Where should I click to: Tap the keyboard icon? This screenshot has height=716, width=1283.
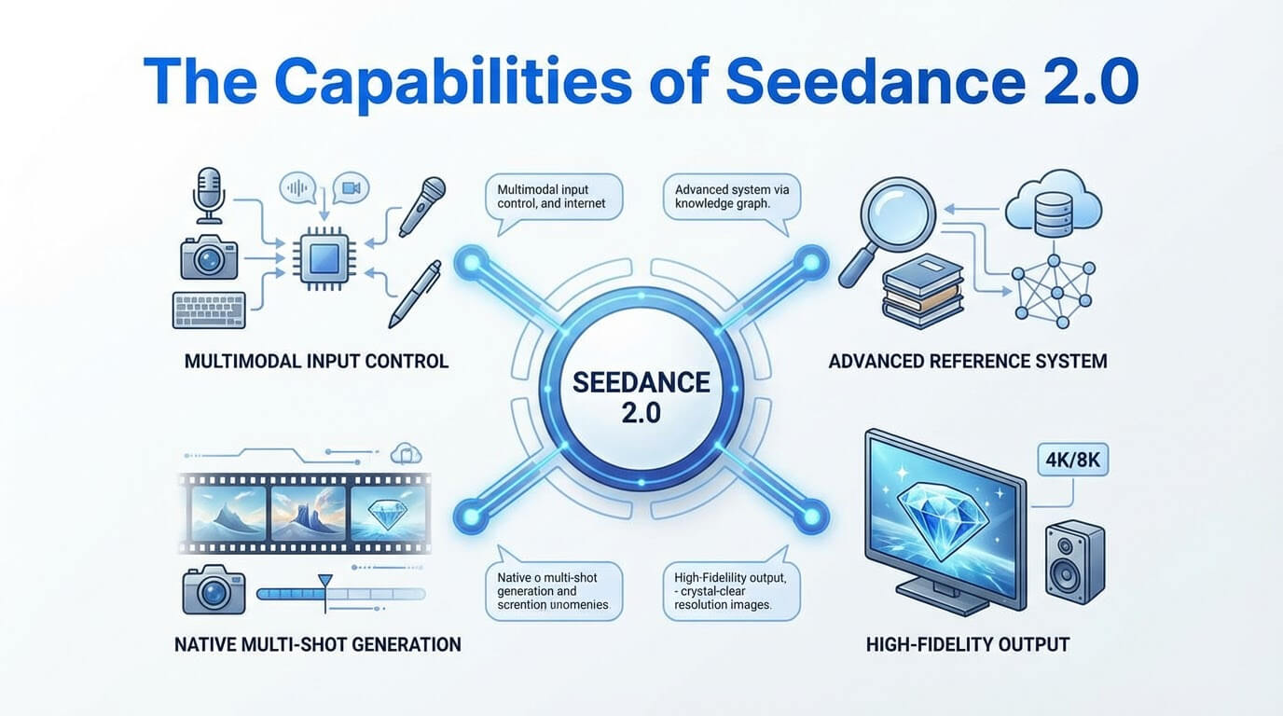209,309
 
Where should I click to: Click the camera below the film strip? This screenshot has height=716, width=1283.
213,590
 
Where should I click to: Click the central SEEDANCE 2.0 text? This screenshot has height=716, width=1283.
641,396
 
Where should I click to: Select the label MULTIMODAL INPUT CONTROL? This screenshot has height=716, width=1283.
317,361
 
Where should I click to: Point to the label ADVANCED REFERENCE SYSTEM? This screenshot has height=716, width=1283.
967,361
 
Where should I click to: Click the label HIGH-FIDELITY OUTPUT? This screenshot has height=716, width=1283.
967,643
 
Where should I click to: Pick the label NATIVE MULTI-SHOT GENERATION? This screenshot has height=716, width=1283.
317,643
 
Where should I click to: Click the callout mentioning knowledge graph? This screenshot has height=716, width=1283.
731,199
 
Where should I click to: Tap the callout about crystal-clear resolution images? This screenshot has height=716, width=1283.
731,592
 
